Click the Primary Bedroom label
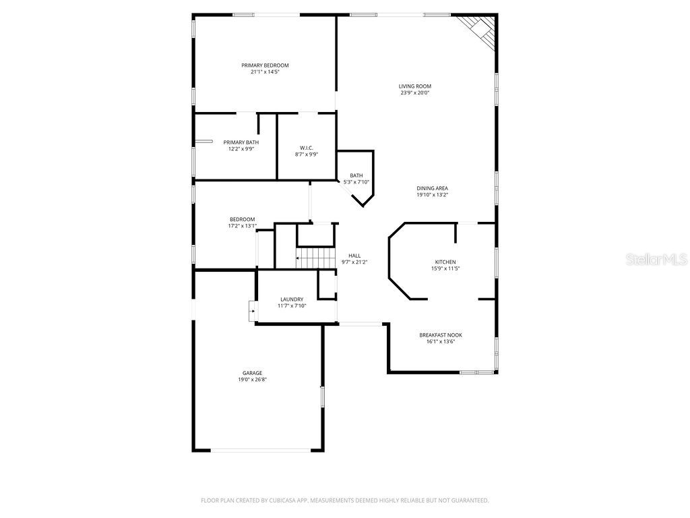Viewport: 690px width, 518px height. tap(265, 65)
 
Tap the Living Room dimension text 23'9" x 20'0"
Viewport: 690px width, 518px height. tap(414, 93)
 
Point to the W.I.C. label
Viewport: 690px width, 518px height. tap(306, 148)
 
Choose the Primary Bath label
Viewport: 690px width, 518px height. tap(241, 142)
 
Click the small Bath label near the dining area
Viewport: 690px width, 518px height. tap(356, 175)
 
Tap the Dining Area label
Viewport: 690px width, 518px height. tap(432, 188)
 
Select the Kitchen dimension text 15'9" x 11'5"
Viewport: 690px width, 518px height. tap(445, 268)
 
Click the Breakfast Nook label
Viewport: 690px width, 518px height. tap(441, 335)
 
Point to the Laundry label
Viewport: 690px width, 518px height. tap(292, 299)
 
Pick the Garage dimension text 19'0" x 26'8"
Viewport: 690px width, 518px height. tap(253, 380)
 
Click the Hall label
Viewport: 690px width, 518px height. tap(354, 256)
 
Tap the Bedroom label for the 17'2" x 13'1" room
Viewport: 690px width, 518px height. tap(242, 219)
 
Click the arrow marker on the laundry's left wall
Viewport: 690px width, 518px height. tap(252, 312)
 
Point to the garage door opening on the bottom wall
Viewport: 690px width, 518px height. tap(259, 450)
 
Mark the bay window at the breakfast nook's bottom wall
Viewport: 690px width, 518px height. tap(477, 372)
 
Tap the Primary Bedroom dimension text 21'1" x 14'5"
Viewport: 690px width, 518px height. tap(265, 72)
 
